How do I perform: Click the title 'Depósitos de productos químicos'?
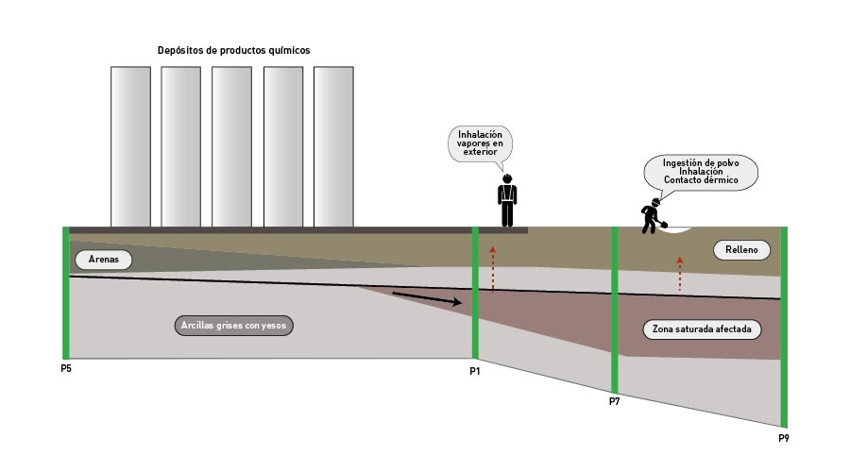click(x=233, y=50)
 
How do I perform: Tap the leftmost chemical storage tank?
click(x=130, y=146)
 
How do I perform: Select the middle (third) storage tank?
click(x=231, y=146)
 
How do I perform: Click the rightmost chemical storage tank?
click(x=332, y=146)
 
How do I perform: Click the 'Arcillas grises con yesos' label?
click(x=236, y=327)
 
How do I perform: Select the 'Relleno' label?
click(x=742, y=250)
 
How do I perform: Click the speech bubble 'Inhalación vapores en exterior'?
click(x=480, y=143)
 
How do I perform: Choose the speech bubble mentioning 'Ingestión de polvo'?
click(x=701, y=171)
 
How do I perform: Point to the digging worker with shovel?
click(x=652, y=216)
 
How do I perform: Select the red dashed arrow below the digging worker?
click(x=679, y=273)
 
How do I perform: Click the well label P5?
click(x=65, y=368)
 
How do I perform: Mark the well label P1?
click(x=475, y=371)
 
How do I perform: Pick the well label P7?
click(x=615, y=402)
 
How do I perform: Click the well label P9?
click(x=783, y=438)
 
